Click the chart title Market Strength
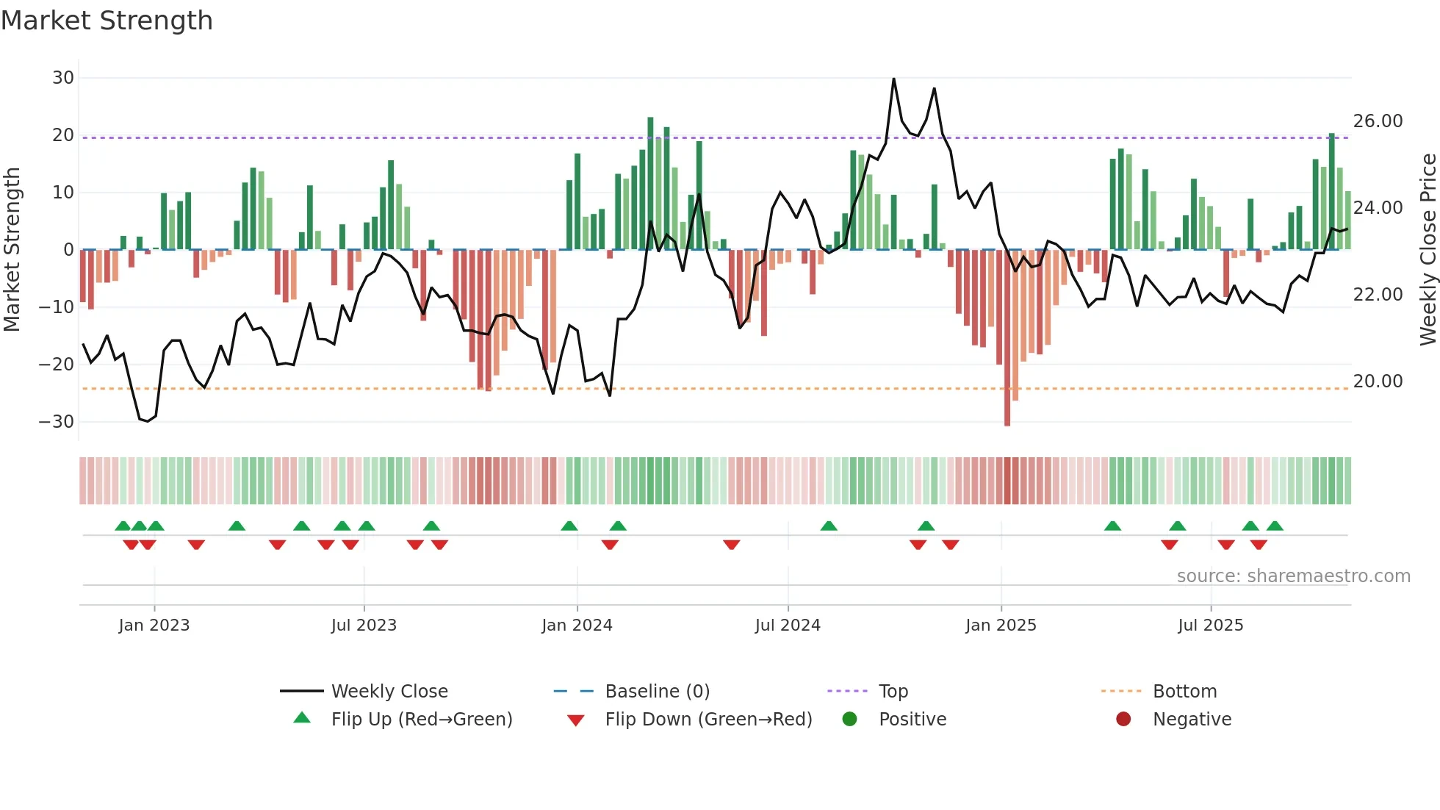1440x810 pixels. point(107,21)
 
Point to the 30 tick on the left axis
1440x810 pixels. point(63,78)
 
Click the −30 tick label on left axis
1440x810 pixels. point(57,422)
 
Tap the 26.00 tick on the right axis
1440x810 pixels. point(1378,121)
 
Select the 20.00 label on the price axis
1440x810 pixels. point(1378,381)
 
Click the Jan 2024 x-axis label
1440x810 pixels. point(577,626)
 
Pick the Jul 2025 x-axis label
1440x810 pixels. point(1210,626)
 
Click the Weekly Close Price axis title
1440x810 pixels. point(1428,250)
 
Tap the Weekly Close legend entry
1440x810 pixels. point(389,692)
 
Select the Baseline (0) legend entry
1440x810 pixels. point(657,692)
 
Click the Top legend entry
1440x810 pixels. point(893,692)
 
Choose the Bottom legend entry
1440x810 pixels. point(1184,692)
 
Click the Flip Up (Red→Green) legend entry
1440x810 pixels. point(421,720)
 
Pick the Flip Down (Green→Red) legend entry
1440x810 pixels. point(708,720)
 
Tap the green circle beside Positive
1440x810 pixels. point(849,720)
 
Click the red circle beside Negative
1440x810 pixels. point(1123,720)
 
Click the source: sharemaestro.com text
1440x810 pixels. point(1293,576)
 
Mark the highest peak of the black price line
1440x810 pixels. point(893,79)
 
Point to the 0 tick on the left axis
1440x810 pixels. point(68,250)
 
